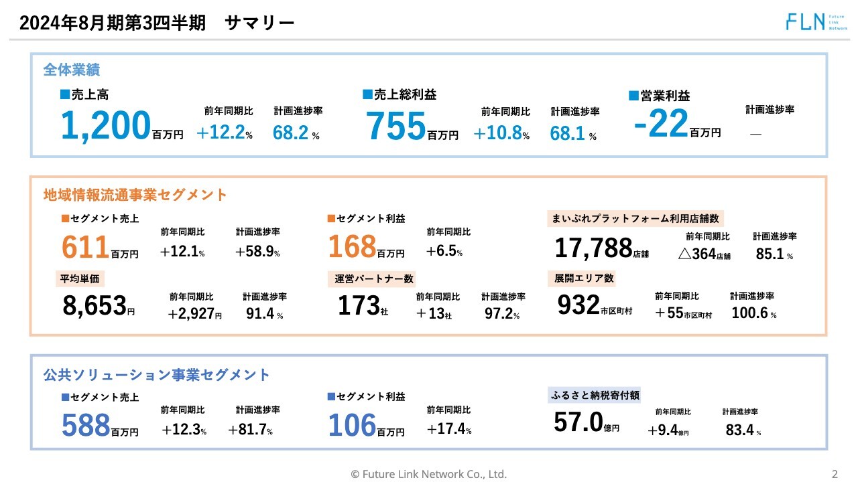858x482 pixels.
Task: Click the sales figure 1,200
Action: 105,126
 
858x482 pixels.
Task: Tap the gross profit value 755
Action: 395,126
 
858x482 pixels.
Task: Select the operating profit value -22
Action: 661,123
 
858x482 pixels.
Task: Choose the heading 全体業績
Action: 72,70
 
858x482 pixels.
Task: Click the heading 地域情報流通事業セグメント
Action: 135,195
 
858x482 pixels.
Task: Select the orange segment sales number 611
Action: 85,247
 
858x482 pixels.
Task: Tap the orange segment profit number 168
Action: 351,247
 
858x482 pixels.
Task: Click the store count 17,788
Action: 593,248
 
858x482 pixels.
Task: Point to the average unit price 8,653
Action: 94,307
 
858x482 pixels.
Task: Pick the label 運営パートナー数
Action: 374,278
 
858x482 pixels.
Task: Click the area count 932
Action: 578,305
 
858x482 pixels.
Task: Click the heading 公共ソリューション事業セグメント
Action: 156,374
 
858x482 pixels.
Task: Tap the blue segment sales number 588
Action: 85,425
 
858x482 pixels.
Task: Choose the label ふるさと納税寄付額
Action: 595,395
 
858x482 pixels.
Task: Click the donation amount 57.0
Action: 578,423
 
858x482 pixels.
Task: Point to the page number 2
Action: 835,474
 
